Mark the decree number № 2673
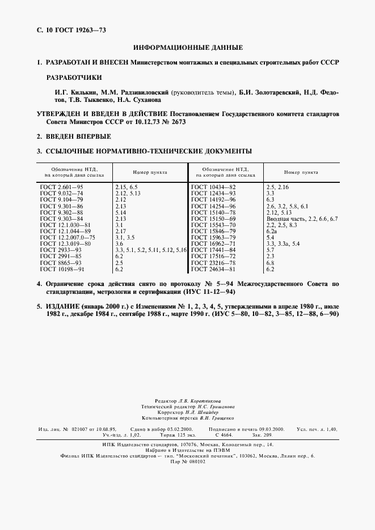pos(171,122)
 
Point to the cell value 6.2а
pos(272,231)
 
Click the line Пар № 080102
pos(187,461)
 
